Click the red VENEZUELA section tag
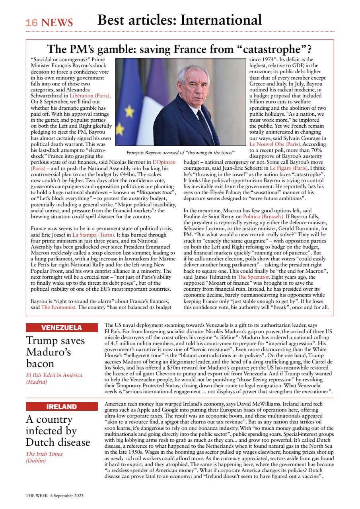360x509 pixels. [62, 328]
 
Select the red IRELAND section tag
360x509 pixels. [62, 406]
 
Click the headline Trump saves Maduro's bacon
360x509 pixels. [55, 352]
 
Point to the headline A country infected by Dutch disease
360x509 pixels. [58, 431]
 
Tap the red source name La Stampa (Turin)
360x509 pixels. [91, 235]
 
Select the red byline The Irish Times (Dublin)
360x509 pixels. [44, 457]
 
